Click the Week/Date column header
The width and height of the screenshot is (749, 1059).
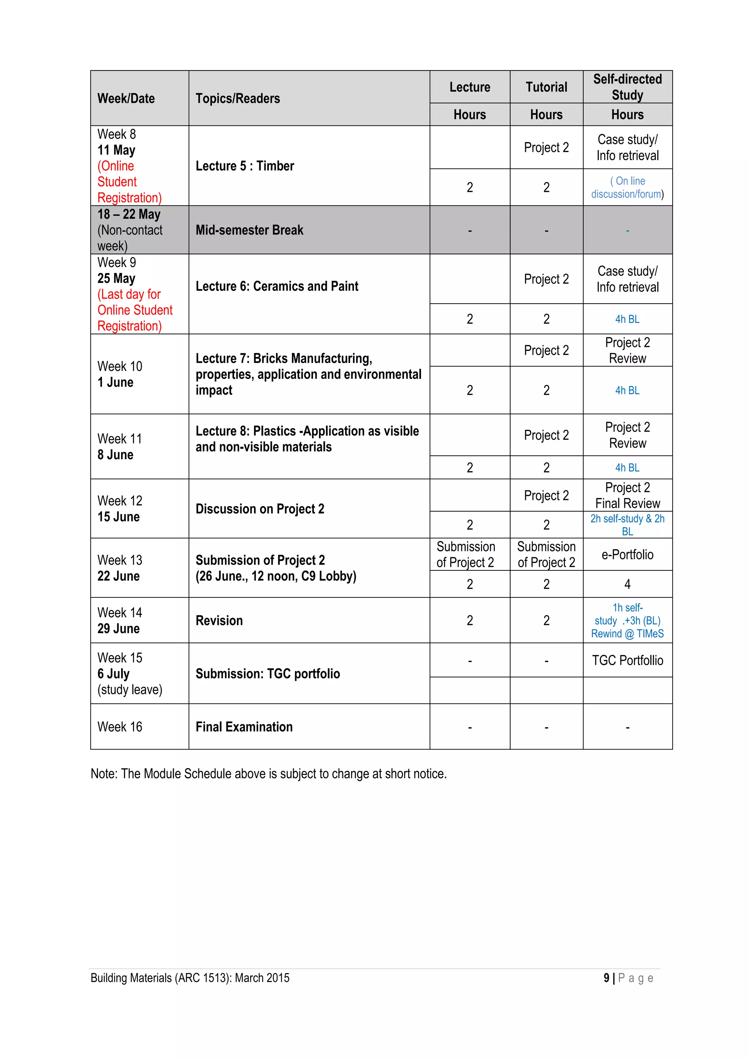[126, 99]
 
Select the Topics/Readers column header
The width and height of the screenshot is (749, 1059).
[238, 99]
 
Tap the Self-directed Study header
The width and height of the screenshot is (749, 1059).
[627, 87]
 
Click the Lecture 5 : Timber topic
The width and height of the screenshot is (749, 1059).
[245, 166]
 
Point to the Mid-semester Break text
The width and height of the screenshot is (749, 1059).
[249, 230]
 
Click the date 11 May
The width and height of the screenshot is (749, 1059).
[116, 150]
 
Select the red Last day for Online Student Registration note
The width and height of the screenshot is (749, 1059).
[135, 310]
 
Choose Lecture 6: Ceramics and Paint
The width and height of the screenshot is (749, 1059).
[277, 286]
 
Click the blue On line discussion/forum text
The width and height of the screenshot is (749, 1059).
[627, 188]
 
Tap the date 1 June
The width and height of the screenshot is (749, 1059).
[115, 382]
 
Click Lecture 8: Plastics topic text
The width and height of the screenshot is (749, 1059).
[307, 439]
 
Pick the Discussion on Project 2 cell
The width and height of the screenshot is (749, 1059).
[260, 509]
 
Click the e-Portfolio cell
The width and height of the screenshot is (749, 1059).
[627, 555]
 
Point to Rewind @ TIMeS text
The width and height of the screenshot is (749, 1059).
[627, 634]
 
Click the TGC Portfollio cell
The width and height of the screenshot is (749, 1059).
[627, 660]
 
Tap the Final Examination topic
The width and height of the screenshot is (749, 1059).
[244, 727]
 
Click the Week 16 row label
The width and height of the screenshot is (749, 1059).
[120, 727]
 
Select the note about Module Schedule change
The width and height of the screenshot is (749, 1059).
[268, 774]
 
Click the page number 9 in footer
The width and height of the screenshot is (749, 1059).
[606, 978]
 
